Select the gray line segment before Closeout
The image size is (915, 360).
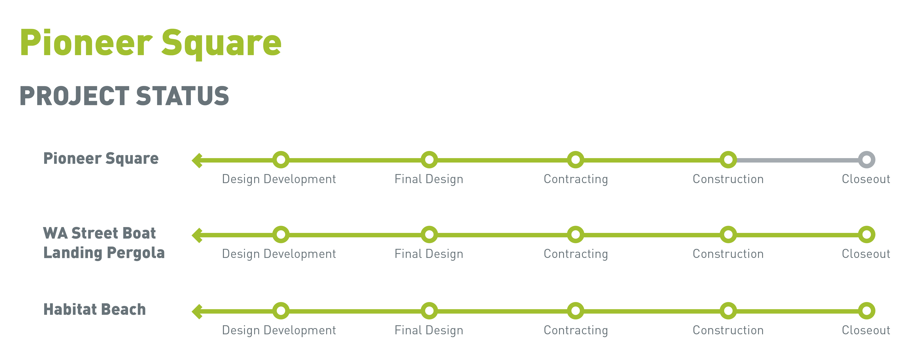tap(797, 160)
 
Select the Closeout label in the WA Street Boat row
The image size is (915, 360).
tap(866, 254)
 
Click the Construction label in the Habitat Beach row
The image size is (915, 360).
tap(728, 330)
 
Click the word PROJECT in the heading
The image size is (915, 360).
tap(75, 96)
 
